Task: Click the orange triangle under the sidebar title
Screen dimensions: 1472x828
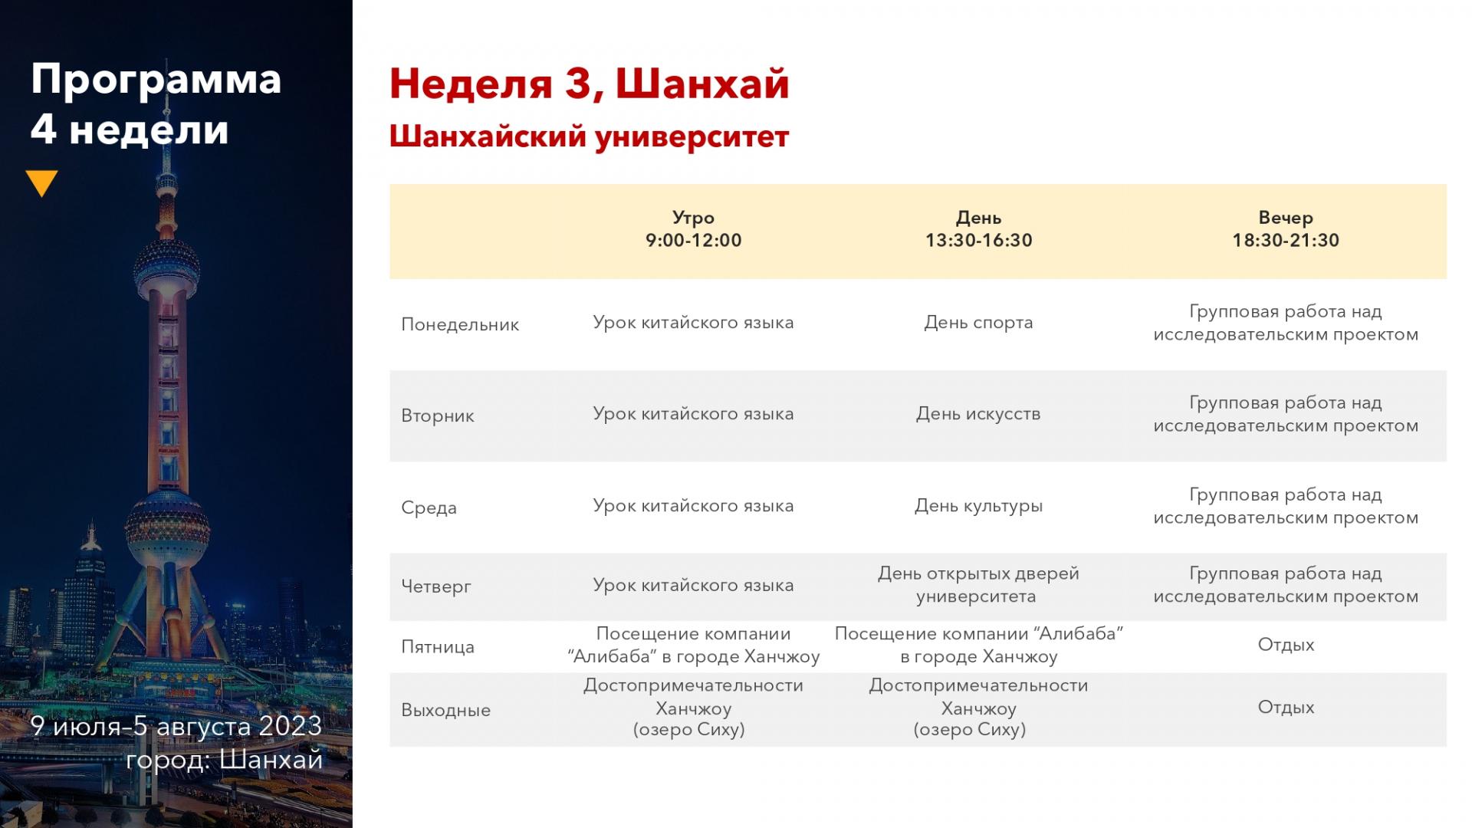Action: point(41,182)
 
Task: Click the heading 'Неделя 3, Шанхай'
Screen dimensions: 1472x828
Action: point(589,84)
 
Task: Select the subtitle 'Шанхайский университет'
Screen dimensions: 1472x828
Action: point(589,136)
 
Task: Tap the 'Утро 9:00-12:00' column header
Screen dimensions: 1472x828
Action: point(693,228)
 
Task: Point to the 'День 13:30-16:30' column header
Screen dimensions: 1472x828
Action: point(978,228)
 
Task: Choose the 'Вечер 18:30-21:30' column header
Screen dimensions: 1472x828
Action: point(1286,228)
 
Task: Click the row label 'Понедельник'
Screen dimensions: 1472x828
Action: point(460,324)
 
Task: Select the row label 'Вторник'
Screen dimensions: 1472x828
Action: point(438,416)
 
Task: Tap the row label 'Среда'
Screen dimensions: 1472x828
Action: point(429,508)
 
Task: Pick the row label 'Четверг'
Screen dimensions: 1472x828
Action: point(436,586)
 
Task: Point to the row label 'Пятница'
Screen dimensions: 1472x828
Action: point(438,646)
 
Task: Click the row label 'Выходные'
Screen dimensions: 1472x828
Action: point(445,710)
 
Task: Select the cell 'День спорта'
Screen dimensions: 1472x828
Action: point(978,323)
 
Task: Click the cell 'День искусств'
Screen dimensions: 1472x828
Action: point(978,414)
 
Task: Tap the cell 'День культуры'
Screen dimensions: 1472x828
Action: point(978,506)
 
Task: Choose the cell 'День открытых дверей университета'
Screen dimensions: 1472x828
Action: point(978,584)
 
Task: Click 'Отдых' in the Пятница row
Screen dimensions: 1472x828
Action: point(1286,645)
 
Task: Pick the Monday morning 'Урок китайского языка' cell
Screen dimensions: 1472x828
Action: point(693,323)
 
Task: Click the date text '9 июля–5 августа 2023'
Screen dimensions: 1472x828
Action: point(176,726)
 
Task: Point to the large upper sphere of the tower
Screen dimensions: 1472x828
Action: point(166,268)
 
